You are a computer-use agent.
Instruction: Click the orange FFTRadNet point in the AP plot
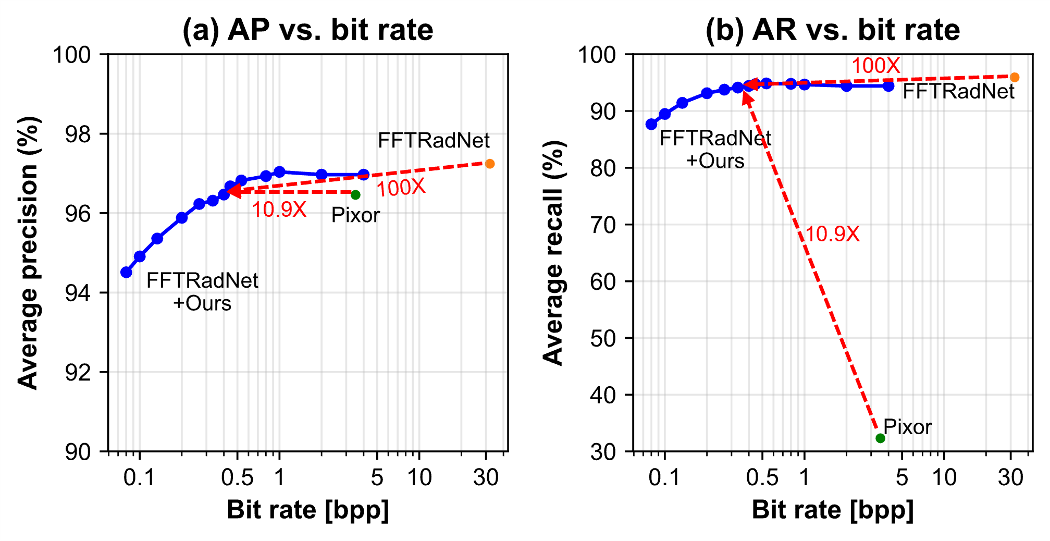click(490, 164)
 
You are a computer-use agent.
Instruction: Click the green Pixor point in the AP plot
click(355, 195)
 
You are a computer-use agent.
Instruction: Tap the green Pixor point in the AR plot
click(880, 438)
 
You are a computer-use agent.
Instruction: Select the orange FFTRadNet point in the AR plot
click(1015, 78)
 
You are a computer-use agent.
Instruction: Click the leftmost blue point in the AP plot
click(126, 272)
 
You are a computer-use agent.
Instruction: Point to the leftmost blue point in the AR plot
click(651, 124)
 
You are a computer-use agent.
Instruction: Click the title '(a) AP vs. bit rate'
click(307, 30)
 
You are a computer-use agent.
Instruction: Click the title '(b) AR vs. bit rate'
click(832, 30)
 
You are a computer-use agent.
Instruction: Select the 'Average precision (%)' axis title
click(28, 253)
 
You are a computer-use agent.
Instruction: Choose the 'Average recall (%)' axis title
click(553, 253)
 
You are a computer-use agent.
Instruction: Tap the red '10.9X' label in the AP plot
click(279, 210)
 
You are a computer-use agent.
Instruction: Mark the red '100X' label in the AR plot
click(875, 66)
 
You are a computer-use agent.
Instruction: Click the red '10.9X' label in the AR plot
click(832, 234)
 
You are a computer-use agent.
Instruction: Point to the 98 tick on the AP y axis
click(78, 134)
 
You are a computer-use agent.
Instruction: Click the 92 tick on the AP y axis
click(78, 372)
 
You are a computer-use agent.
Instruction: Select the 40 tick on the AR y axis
click(603, 395)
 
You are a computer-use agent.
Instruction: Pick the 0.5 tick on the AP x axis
click(237, 477)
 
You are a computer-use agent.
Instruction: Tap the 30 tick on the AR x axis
click(1011, 477)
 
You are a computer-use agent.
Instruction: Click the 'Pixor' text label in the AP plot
click(355, 215)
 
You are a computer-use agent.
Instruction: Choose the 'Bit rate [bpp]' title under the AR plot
click(832, 510)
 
